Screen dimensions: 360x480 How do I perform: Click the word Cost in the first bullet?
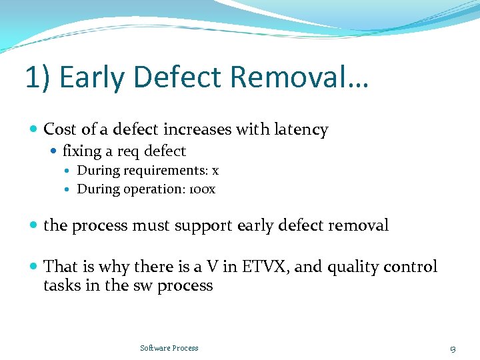60,129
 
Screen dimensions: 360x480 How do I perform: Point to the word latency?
299,129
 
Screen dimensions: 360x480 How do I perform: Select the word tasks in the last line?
61,285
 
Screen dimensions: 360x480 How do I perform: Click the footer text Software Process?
169,348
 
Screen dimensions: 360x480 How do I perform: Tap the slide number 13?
453,349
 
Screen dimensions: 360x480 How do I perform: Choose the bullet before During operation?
69,189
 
